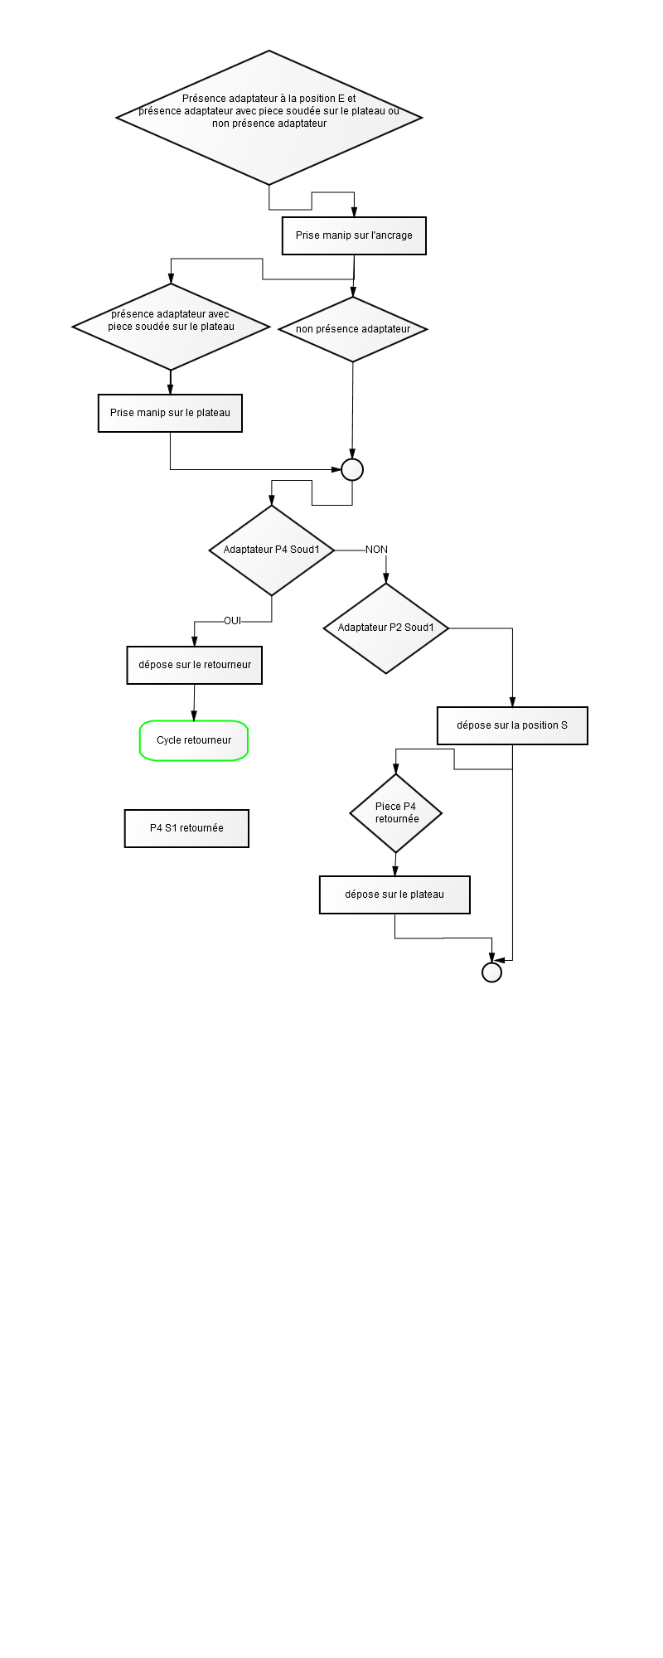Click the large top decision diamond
coord(269,117)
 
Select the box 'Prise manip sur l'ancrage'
coord(354,235)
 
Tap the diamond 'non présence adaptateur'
coord(353,328)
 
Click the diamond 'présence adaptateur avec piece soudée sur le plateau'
coord(171,327)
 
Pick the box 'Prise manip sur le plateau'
coord(170,413)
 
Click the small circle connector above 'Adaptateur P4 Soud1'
coord(352,469)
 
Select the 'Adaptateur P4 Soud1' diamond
coord(272,550)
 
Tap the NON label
coord(376,550)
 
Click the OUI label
coord(232,621)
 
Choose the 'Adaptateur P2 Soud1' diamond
coord(386,628)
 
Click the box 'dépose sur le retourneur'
coord(195,665)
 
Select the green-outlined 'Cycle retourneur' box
coord(194,740)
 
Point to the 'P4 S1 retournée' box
coord(186,828)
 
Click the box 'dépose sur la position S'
coord(512,725)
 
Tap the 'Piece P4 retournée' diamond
coord(396,813)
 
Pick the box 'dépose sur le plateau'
coord(394,895)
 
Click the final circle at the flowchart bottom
coord(491,972)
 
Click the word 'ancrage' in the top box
coord(392,235)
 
